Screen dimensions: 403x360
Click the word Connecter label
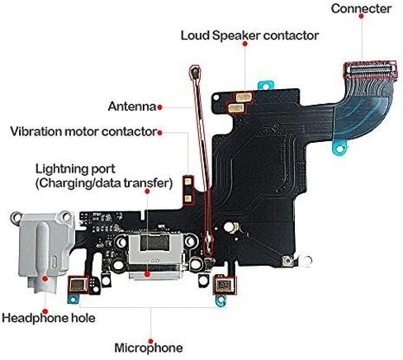pos(361,8)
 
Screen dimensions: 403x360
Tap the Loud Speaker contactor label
pos(249,36)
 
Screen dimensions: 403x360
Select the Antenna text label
pos(132,107)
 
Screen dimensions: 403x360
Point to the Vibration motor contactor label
pos(83,131)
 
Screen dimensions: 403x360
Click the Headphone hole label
pos(49,318)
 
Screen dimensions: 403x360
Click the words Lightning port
pos(75,169)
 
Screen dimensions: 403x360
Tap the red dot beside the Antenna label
pos(159,107)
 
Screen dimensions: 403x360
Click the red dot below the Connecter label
pos(362,17)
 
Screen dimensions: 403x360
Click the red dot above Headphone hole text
pos(45,311)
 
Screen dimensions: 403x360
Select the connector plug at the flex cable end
pos(370,69)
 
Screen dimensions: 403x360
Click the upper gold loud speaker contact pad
pos(244,97)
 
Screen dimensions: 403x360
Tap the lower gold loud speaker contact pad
pos(236,107)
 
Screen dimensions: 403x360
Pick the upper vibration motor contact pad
pos(188,182)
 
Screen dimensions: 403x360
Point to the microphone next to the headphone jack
pos(78,285)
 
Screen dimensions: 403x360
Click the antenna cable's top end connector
pos(196,72)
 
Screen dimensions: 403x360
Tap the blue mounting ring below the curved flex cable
pos(340,149)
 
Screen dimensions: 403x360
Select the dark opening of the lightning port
pos(154,244)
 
